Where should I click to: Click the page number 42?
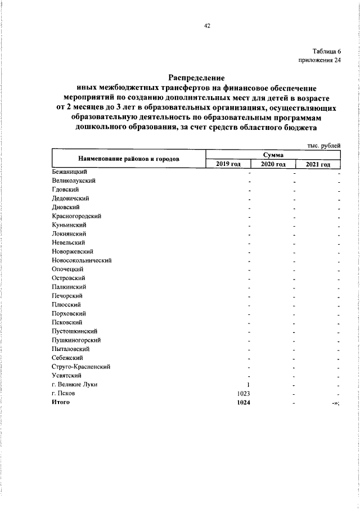(x=206, y=25)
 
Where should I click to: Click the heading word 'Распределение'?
(x=197, y=78)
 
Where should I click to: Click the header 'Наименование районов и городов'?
(x=129, y=159)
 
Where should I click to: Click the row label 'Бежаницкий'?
(x=69, y=172)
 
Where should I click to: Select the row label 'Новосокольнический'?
(x=82, y=260)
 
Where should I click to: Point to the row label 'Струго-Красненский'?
(x=80, y=366)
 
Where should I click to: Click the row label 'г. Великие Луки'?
(x=74, y=384)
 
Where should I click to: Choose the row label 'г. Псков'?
(x=63, y=393)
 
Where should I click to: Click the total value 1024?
(x=244, y=402)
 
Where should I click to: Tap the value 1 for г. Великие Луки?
(x=248, y=384)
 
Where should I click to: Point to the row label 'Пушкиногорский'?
(x=76, y=340)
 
